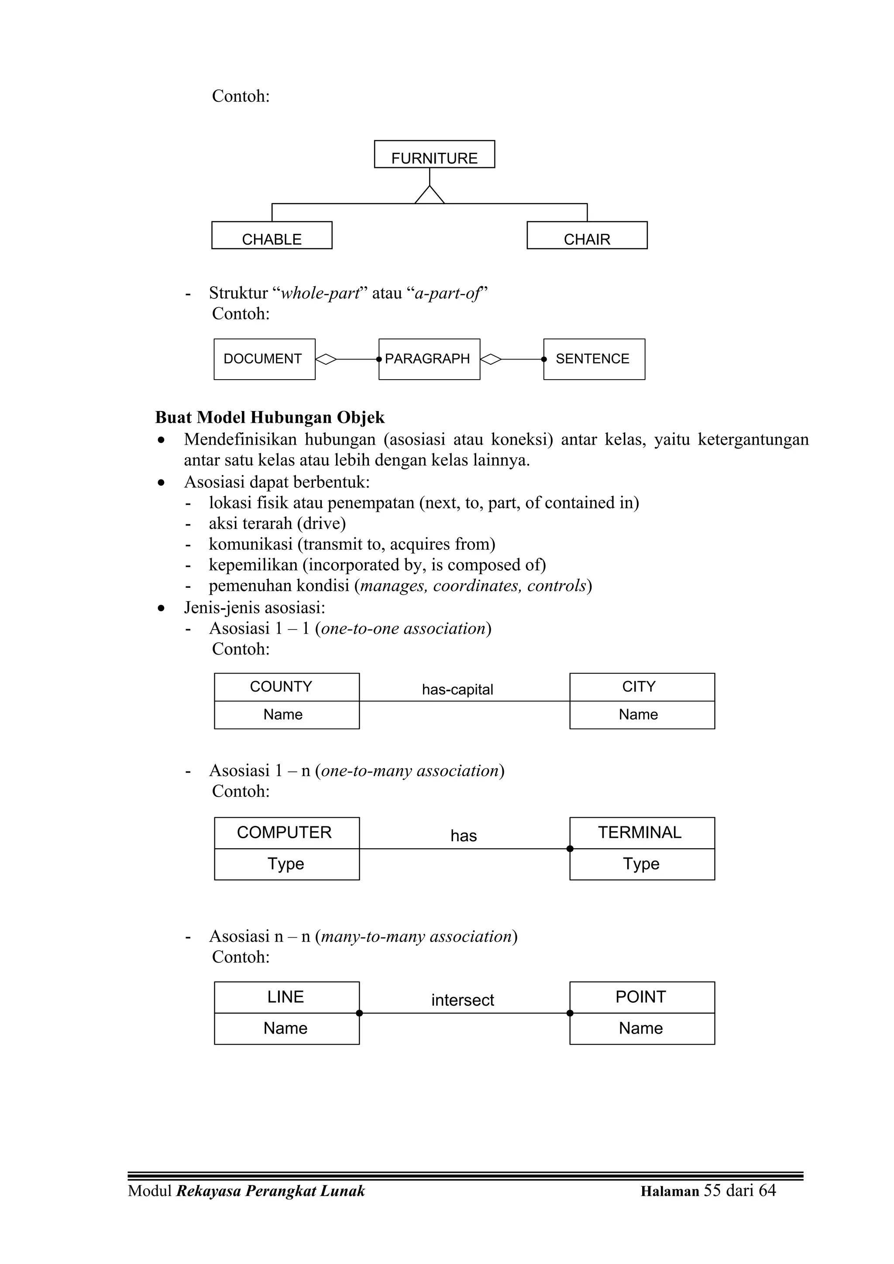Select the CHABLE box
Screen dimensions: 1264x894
click(272, 236)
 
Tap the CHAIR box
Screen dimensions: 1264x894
click(587, 236)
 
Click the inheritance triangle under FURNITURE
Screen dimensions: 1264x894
click(429, 196)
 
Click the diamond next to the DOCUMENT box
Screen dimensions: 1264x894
click(326, 360)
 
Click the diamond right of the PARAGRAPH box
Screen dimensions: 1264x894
click(491, 360)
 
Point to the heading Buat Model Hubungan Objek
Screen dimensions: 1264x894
click(269, 417)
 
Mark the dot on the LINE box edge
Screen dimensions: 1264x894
click(359, 1013)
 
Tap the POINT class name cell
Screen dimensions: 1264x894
click(642, 997)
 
